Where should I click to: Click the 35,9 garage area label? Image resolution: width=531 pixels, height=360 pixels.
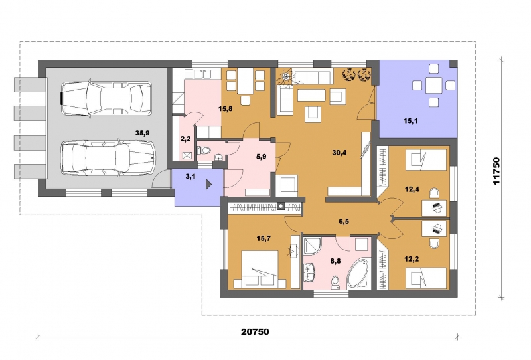tap(142, 134)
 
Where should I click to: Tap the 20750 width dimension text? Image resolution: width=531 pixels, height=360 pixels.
tap(255, 331)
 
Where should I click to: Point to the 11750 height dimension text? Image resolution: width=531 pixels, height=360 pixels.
tap(496, 171)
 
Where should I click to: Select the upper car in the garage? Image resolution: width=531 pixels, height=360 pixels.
tap(106, 98)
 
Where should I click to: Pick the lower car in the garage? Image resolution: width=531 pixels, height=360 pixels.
tap(108, 157)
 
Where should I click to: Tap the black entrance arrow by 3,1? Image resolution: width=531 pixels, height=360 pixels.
tap(209, 185)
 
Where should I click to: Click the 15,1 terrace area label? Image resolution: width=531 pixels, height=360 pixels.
tap(410, 121)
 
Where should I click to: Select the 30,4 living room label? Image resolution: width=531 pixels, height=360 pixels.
tap(339, 153)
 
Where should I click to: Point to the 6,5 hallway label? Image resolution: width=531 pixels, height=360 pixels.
tap(344, 221)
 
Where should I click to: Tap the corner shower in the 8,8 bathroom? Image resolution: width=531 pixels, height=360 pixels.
tap(311, 246)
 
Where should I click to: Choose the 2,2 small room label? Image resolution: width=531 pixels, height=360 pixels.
tap(185, 138)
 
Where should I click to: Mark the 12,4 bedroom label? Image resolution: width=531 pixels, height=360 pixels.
tap(412, 189)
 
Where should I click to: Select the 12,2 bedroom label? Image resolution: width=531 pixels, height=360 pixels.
tap(412, 259)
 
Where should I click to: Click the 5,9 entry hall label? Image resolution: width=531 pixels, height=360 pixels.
tap(261, 157)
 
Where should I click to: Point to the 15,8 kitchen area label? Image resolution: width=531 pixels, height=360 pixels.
tap(225, 109)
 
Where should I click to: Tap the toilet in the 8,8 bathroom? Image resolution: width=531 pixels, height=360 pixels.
tap(335, 282)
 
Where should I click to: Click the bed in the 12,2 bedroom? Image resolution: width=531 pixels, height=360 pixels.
tap(426, 278)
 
